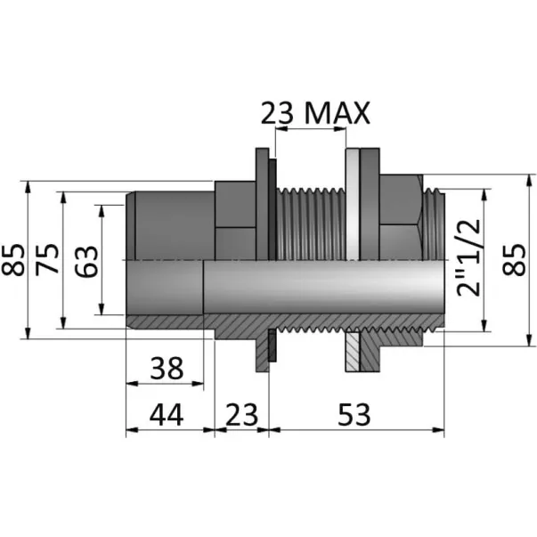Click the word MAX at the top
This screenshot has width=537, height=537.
338,113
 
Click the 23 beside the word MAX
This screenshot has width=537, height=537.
277,113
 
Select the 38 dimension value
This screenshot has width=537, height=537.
167,368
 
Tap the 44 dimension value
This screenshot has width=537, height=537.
167,414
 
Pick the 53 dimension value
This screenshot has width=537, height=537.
354,414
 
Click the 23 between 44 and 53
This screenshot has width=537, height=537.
242,414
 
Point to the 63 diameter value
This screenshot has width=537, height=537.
86,261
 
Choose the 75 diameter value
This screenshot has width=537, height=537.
47,260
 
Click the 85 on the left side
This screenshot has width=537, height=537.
13,260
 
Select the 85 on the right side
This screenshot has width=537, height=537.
513,260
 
